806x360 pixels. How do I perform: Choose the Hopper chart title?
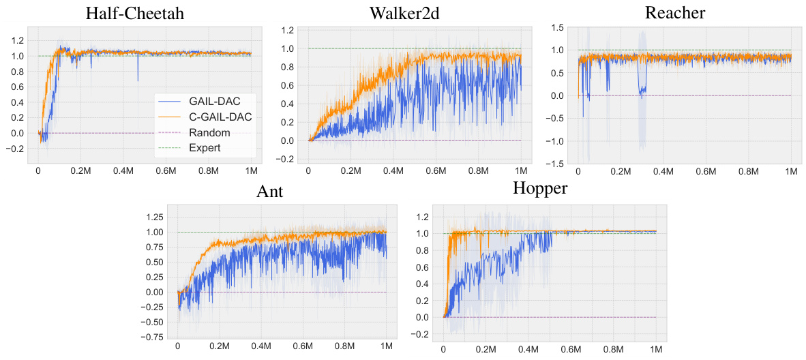(539, 188)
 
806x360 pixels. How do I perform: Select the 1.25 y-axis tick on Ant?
(154, 217)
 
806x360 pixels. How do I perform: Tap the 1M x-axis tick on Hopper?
(657, 349)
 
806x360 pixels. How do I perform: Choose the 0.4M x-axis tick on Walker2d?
(393, 171)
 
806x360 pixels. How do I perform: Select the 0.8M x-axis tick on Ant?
(344, 346)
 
